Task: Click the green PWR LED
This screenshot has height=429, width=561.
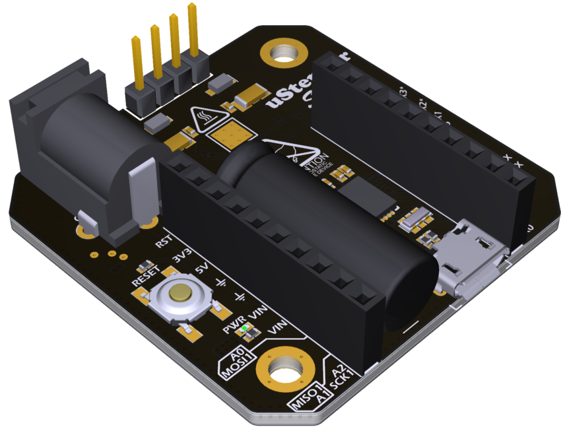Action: (246, 328)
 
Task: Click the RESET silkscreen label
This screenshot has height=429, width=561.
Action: (145, 274)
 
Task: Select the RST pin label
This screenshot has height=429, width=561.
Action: (163, 240)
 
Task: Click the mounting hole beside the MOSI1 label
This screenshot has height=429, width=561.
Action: (284, 368)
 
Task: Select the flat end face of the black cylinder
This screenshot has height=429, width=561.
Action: (409, 290)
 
